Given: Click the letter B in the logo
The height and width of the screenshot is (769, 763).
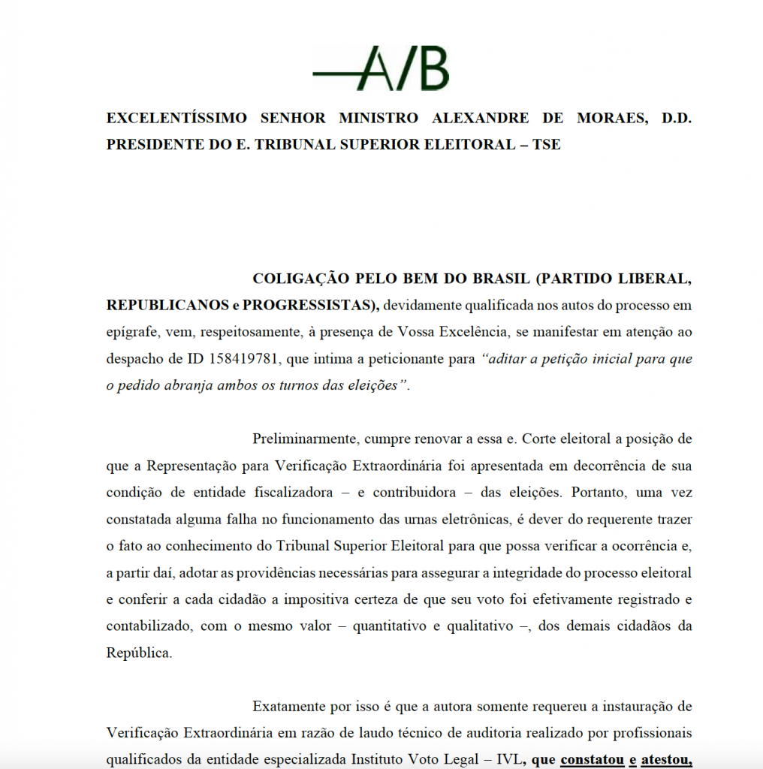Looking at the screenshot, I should pyautogui.click(x=430, y=68).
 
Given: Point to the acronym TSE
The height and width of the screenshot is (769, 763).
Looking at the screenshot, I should pyautogui.click(x=546, y=144).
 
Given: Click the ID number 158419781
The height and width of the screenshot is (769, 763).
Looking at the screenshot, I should pyautogui.click(x=243, y=359).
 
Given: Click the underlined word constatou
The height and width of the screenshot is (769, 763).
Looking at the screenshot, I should pyautogui.click(x=592, y=759).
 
